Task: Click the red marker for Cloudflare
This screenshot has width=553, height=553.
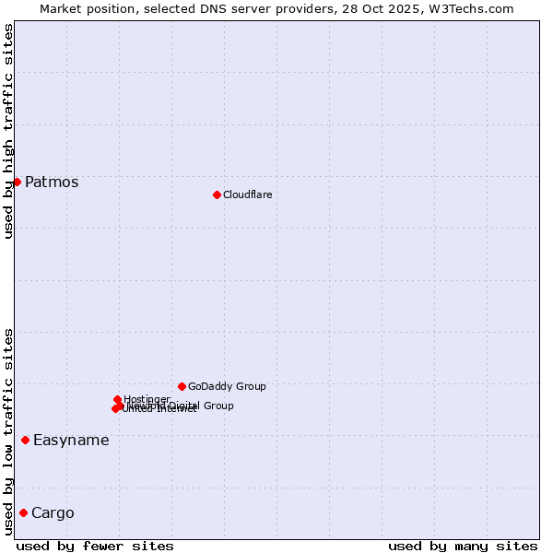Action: coord(217,194)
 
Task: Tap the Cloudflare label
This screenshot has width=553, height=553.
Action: coord(247,194)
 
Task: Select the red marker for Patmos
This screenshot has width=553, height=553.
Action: coord(17,182)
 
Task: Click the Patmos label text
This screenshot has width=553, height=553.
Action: coord(52,182)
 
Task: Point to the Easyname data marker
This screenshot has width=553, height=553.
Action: coord(25,440)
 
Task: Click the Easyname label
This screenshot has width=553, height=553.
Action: coord(71,440)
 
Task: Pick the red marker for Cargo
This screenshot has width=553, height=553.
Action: coord(23,512)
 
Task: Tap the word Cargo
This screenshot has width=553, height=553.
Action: coord(53,512)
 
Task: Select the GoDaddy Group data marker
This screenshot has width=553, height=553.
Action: coord(182,386)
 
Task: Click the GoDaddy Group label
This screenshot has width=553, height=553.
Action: coord(227,386)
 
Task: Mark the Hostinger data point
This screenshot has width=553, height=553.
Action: coord(117,399)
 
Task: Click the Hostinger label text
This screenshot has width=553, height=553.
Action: coord(147,399)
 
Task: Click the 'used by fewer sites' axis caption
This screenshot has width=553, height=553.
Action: coord(95,546)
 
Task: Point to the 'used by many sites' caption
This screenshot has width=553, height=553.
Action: coord(463,546)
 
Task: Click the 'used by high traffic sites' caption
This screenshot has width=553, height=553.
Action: coord(8,131)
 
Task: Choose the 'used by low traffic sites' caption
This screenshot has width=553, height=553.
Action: coord(8,431)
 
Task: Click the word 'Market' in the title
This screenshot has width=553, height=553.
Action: coord(62,8)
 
